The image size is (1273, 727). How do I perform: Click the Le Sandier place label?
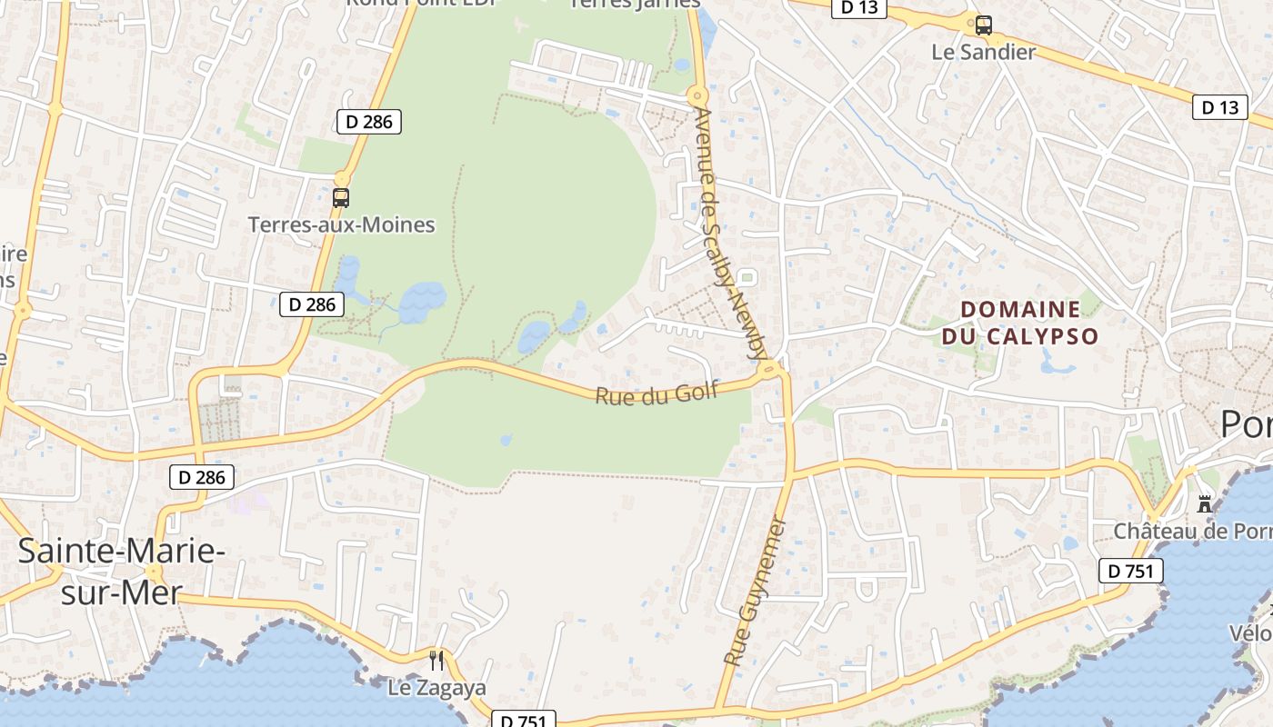pos(983,52)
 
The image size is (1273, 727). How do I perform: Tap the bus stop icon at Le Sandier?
pos(983,25)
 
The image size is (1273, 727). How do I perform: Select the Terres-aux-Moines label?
pos(342,224)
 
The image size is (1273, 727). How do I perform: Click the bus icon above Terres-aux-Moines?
pos(341,197)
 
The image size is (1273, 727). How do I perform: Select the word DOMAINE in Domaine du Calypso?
pos(1020,310)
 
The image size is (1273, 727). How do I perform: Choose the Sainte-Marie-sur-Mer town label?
pos(120,571)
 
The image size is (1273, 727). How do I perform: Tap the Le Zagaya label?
pos(436,688)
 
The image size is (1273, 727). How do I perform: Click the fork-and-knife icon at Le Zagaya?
pos(436,661)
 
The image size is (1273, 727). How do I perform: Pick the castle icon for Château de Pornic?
pos(1205,503)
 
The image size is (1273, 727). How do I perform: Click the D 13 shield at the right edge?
pos(1219,107)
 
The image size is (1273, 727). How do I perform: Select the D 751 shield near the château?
pos(1131,571)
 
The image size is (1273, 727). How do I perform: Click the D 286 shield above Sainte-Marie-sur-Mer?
pos(202,476)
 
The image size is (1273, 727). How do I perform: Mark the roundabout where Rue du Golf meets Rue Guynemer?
pos(771,368)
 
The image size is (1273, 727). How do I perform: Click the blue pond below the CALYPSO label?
pos(1057,364)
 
